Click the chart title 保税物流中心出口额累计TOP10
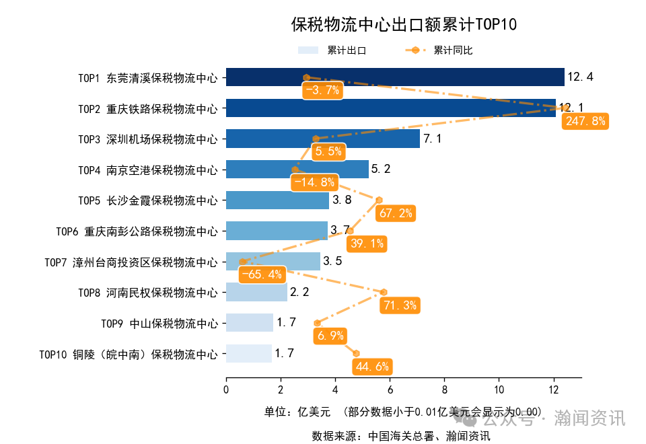(x=403, y=26)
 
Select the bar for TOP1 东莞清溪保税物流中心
(x=394, y=77)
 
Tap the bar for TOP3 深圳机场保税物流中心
(x=322, y=139)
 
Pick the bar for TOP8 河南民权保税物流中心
(x=256, y=292)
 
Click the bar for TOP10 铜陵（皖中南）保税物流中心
(x=248, y=353)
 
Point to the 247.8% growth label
(x=585, y=121)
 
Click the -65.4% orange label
(x=262, y=274)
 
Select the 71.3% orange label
(x=400, y=305)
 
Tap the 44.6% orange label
(x=371, y=367)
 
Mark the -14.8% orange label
(x=314, y=182)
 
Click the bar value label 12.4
(x=580, y=77)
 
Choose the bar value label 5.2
(x=381, y=169)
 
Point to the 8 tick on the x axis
(x=444, y=390)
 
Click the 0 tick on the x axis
(x=226, y=390)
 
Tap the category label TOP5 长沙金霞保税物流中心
(x=148, y=200)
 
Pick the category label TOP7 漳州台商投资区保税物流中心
(x=131, y=262)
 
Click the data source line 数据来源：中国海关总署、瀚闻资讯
(x=401, y=436)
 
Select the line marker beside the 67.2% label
(x=379, y=200)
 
